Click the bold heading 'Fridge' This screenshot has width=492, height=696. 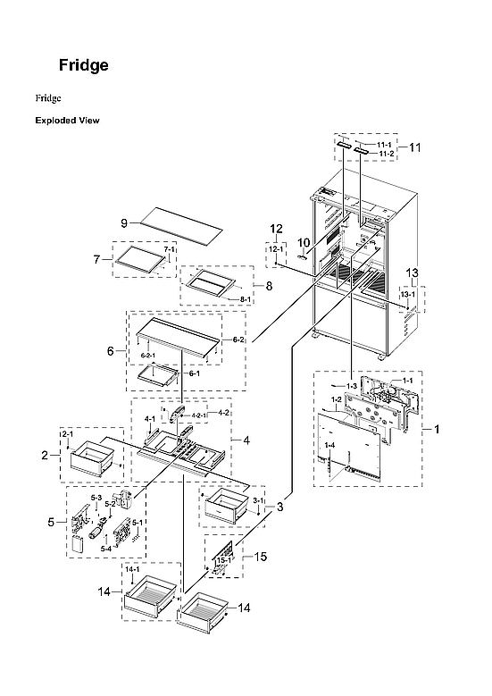pyautogui.click(x=83, y=65)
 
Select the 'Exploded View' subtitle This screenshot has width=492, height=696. pyautogui.click(x=67, y=120)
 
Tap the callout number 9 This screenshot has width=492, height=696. pyautogui.click(x=125, y=222)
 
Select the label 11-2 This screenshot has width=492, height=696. pyautogui.click(x=385, y=154)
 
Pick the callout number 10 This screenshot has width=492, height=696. pyautogui.click(x=303, y=241)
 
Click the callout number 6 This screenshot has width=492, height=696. pyautogui.click(x=111, y=352)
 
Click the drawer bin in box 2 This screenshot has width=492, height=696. pyautogui.click(x=89, y=464)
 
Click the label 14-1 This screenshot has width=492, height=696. pyautogui.click(x=132, y=569)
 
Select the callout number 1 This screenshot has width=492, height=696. pyautogui.click(x=437, y=430)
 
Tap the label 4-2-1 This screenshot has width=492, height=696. pyautogui.click(x=197, y=416)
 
